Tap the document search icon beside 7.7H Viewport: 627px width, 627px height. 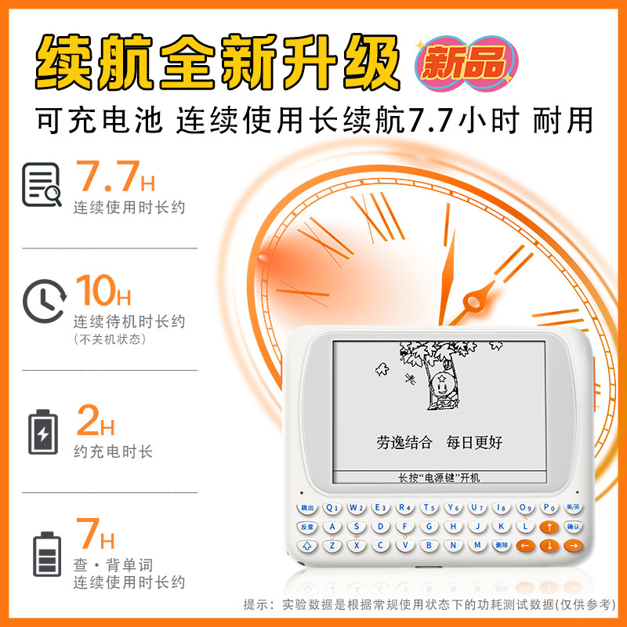[x=42, y=184]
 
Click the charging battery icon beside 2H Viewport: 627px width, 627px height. [x=42, y=431]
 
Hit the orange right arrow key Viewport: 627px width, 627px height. [x=574, y=545]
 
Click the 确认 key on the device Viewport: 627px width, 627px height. [x=574, y=526]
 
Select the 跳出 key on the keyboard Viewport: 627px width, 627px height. [x=308, y=507]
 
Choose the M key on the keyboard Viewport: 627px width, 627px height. [x=477, y=545]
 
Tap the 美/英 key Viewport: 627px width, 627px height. [x=573, y=506]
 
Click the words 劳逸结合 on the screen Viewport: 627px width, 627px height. [x=404, y=442]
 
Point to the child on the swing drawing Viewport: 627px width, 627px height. [x=441, y=385]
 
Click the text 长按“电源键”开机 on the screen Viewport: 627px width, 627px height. [x=438, y=477]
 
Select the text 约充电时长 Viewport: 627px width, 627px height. [x=113, y=452]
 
